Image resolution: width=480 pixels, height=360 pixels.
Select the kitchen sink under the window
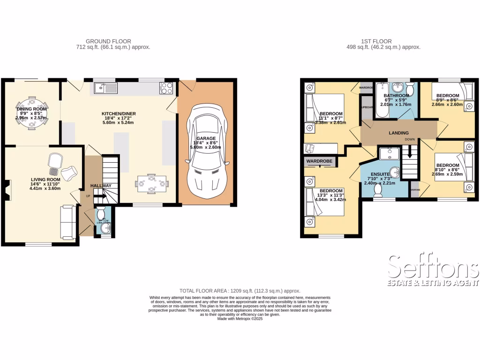[x=105, y=87]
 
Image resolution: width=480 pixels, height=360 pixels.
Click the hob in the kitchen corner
[x=167, y=87]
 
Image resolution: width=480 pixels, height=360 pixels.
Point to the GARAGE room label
[x=206, y=139]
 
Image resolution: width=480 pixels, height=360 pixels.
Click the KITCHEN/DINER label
[x=119, y=114]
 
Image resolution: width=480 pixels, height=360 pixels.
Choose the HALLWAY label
[x=101, y=186]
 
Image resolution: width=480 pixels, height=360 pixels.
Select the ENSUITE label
[x=376, y=173]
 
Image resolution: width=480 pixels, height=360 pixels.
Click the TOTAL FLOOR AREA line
[x=240, y=291]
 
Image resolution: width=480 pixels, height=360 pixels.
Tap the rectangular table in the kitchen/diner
[x=152, y=183]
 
